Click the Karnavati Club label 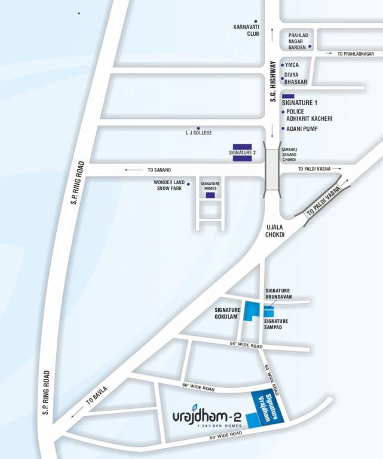[246, 30]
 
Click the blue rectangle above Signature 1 [288, 96]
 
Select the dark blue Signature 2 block [242, 152]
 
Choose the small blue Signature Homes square [210, 195]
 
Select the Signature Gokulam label [227, 313]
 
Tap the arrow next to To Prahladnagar [330, 54]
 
